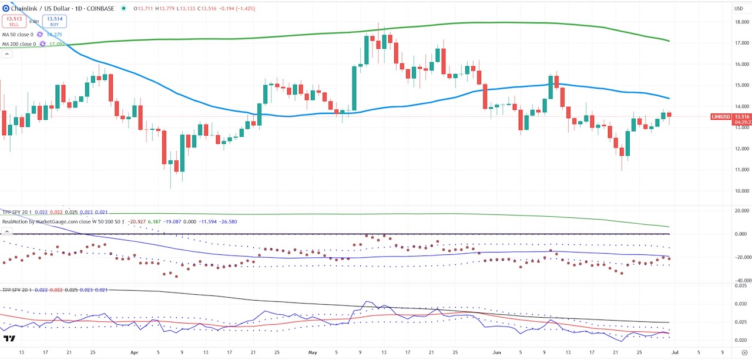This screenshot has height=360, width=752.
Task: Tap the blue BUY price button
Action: (x=54, y=22)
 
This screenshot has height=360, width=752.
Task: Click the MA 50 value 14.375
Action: (x=55, y=35)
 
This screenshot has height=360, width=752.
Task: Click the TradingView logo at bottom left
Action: (x=9, y=339)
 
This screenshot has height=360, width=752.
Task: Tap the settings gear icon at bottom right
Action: (x=744, y=354)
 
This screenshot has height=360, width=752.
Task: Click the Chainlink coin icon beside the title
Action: (x=6, y=8)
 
